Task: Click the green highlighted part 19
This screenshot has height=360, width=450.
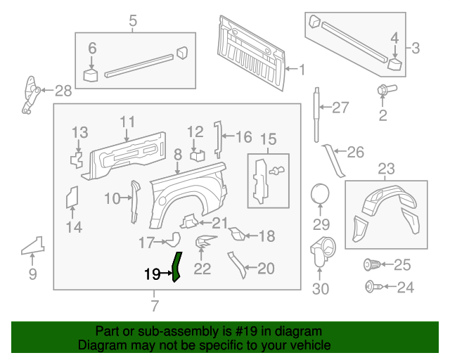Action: (x=176, y=266)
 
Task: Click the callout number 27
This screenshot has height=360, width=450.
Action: (x=340, y=108)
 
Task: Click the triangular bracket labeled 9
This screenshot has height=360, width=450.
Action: (x=32, y=245)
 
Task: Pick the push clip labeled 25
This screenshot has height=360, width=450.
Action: (x=371, y=265)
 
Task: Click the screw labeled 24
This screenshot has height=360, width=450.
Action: (x=371, y=286)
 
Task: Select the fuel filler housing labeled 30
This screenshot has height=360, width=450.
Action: (x=322, y=250)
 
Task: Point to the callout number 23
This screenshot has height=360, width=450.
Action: (x=387, y=168)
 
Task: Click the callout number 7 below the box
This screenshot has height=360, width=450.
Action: (x=155, y=305)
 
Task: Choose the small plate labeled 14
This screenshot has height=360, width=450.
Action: (x=72, y=198)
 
